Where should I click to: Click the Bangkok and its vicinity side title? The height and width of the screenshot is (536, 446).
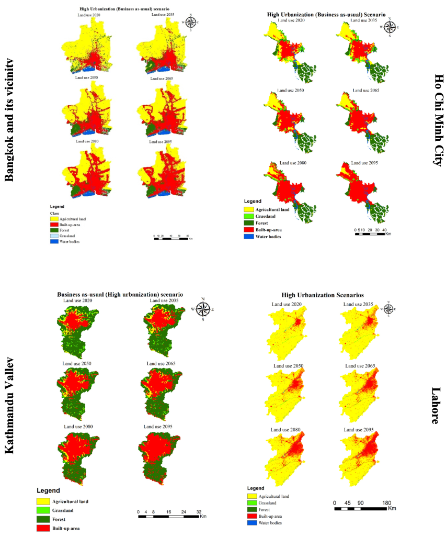point(9,120)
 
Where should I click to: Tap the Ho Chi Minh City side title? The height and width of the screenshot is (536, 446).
point(438,119)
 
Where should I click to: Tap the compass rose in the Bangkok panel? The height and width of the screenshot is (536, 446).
point(191,22)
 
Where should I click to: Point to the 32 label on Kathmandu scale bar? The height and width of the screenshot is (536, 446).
point(199,511)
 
